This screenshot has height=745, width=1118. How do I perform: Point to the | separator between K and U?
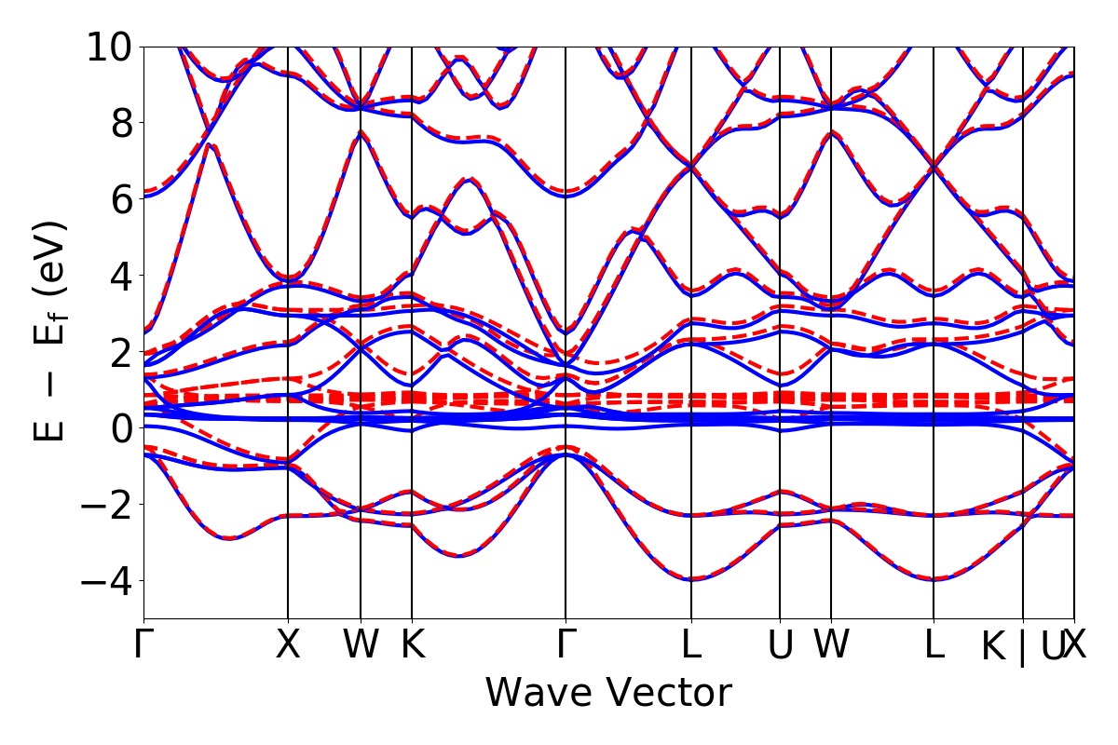click(x=1022, y=647)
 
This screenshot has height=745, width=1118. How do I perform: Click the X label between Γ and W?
click(x=288, y=645)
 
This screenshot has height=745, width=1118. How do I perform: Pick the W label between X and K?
click(x=361, y=645)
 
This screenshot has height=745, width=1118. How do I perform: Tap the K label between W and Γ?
click(x=412, y=645)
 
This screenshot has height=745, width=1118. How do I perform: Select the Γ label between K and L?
click(x=566, y=645)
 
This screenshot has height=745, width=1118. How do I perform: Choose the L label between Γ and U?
click(x=690, y=645)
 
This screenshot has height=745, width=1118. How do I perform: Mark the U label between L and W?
click(x=780, y=645)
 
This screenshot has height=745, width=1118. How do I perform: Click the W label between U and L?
click(x=830, y=645)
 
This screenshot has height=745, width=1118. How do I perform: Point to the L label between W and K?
click(x=934, y=645)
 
